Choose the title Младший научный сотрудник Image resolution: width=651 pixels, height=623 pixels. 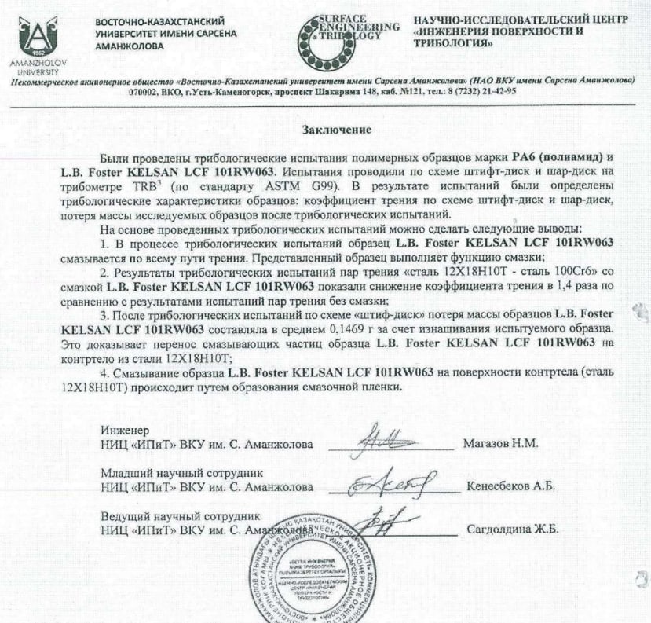pyautogui.click(x=180, y=473)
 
